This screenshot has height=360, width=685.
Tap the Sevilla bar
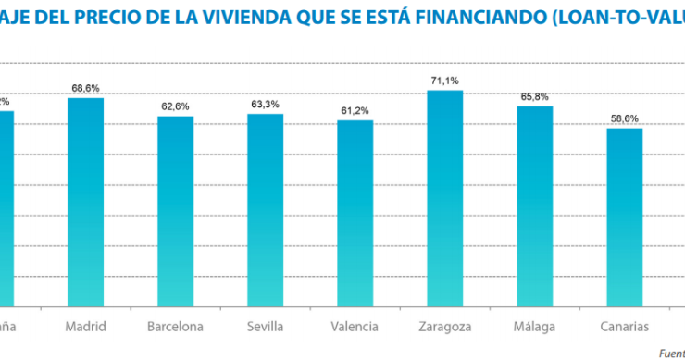[x=265, y=210]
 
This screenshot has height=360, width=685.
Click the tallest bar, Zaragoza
[x=444, y=198]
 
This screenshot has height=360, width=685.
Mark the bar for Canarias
[x=624, y=217]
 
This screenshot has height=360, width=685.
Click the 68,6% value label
[x=86, y=88]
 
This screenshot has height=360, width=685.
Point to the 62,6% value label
[x=175, y=106]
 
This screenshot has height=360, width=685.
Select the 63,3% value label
[x=265, y=105]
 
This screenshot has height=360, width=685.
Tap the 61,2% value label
[x=355, y=111]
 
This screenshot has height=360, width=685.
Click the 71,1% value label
[x=444, y=81]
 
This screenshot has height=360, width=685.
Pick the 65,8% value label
[x=534, y=96]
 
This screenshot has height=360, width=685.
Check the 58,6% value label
[x=624, y=118]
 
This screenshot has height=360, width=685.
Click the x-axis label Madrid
[x=86, y=327]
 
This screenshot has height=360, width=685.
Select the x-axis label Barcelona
[x=175, y=327]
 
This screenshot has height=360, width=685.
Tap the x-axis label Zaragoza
[x=444, y=327]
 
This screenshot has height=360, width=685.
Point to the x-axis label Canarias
[x=624, y=327]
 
